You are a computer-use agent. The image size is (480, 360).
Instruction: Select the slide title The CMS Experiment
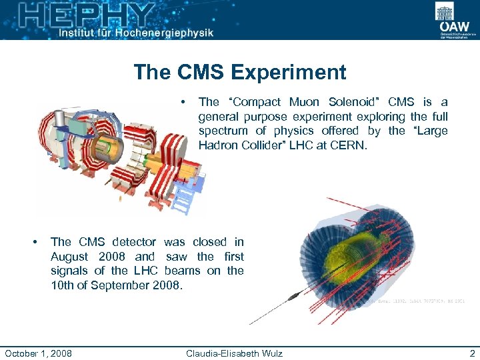click(x=239, y=72)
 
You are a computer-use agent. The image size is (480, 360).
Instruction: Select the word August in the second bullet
click(x=71, y=257)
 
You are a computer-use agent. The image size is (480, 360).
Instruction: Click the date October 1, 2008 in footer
click(x=38, y=353)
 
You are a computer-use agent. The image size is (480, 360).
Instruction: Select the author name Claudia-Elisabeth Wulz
click(x=234, y=353)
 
